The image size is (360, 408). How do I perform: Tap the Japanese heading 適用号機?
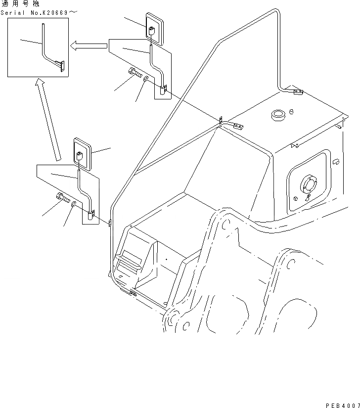[x=19, y=3]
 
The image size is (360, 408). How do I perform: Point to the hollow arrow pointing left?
[x=89, y=46]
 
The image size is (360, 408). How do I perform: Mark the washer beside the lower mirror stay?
[x=73, y=204]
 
